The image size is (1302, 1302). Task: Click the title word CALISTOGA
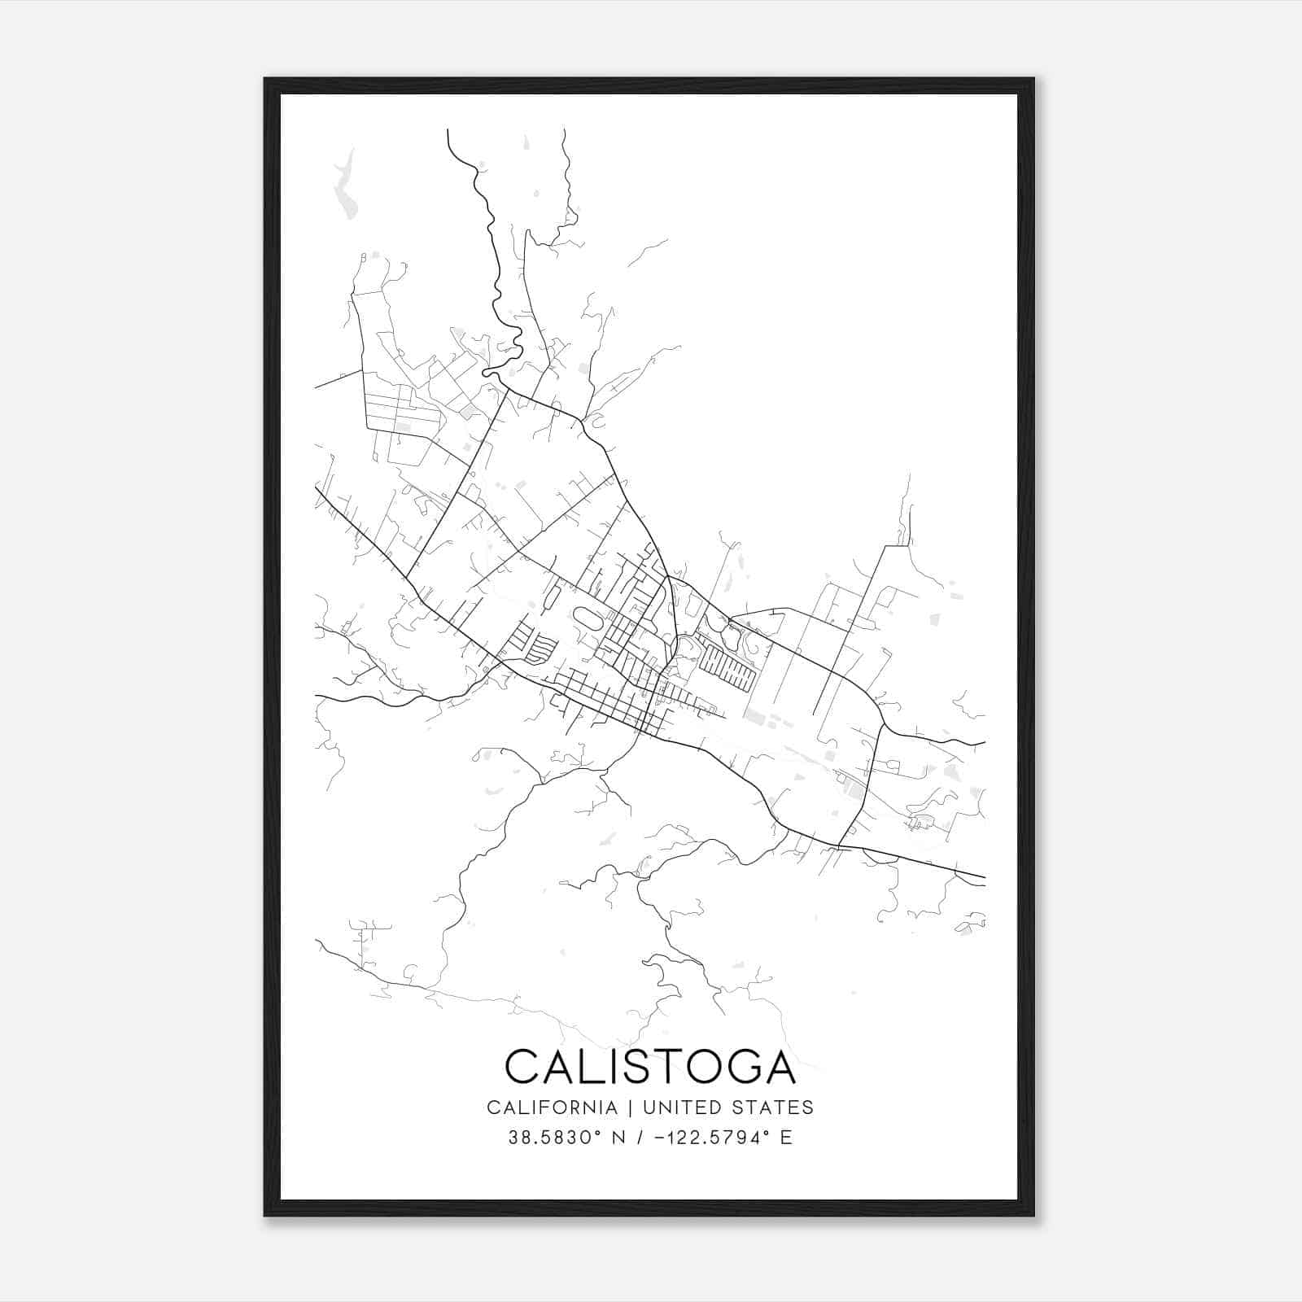[x=650, y=1066]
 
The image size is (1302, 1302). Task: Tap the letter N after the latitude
[x=618, y=1138]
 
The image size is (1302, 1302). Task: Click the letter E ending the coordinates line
[x=786, y=1138]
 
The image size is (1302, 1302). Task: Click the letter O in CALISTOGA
[x=697, y=1066]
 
